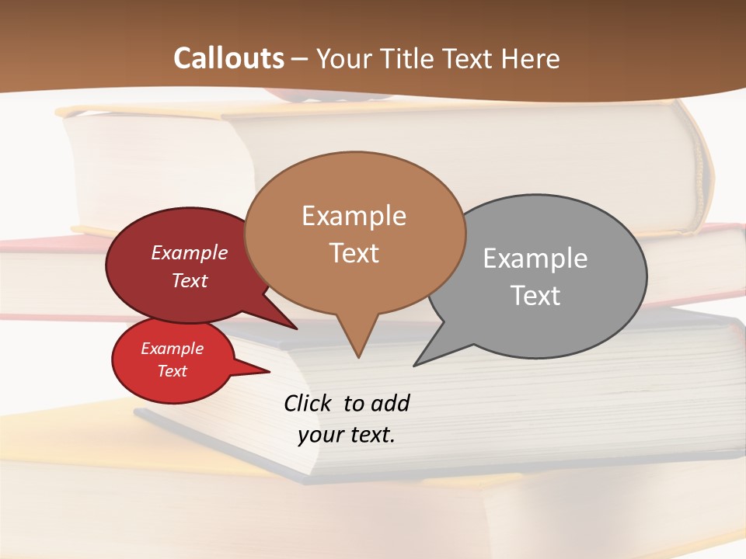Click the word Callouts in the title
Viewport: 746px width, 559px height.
coord(228,58)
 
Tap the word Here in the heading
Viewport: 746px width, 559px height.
coord(532,58)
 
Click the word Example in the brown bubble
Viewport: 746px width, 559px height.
coord(354,215)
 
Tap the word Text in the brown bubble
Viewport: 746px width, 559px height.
coord(354,252)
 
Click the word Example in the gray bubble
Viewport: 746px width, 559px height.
coord(535,258)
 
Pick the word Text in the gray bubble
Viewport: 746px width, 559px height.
coord(535,295)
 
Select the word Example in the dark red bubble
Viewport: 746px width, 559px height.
coord(189,252)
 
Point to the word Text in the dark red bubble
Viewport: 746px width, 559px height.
coord(189,280)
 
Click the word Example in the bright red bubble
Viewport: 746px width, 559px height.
coord(172,349)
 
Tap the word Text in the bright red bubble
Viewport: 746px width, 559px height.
coord(172,371)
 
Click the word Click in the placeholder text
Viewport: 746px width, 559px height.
coord(309,403)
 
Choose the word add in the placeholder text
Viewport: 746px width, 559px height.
coord(389,403)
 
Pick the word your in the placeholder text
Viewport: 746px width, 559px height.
coord(319,435)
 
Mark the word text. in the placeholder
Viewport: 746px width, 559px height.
coord(371,435)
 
